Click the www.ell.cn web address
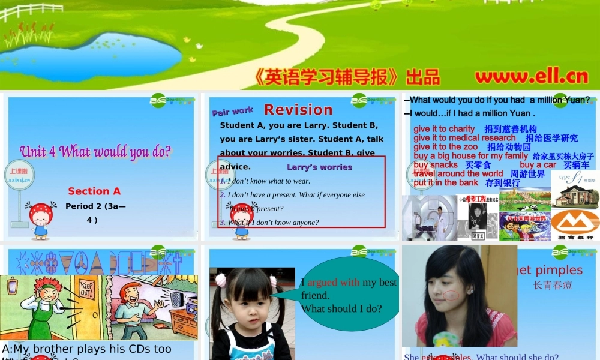click(532, 77)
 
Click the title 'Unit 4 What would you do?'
click(95, 151)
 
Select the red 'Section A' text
click(94, 191)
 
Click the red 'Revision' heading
click(298, 110)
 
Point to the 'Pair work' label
click(233, 111)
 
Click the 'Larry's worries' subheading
click(319, 167)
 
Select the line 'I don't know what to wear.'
click(268, 181)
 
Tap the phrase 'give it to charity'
click(444, 129)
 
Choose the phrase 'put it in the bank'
click(446, 182)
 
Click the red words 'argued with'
click(334, 282)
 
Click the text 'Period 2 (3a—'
click(95, 206)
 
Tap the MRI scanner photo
click(429, 217)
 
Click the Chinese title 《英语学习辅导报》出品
click(347, 77)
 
